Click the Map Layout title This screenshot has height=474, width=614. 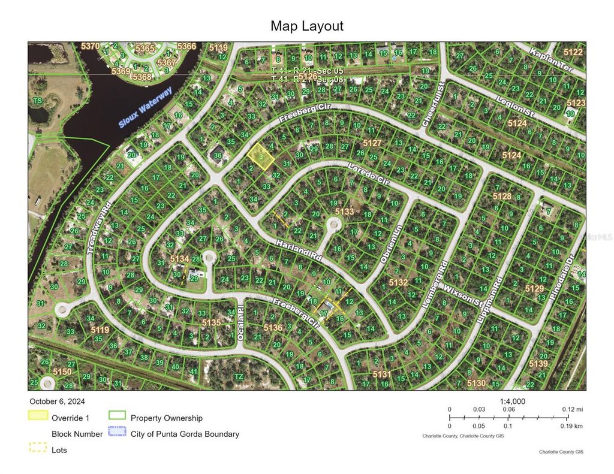pos(307,26)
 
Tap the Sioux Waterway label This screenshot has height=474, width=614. pos(145,107)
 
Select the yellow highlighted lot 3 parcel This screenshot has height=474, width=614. pos(261,155)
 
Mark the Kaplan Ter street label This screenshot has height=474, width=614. pos(550,60)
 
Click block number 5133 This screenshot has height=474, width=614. pos(345,212)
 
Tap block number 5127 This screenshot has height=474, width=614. pos(372,143)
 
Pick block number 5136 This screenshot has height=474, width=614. pos(273,327)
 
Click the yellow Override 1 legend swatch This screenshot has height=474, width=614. pos(37,416)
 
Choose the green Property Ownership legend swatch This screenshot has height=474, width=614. pos(117,416)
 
